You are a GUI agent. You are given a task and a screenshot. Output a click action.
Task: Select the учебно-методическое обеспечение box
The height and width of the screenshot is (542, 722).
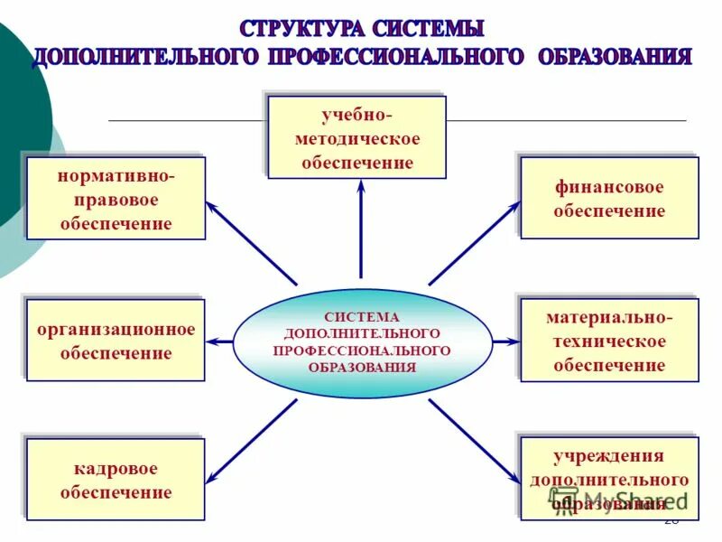pyautogui.click(x=356, y=137)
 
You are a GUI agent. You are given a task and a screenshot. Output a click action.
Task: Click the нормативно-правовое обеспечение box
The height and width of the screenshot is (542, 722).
pyautogui.click(x=116, y=199)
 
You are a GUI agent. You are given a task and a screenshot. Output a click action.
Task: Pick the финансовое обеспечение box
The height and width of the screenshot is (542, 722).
pyautogui.click(x=609, y=199)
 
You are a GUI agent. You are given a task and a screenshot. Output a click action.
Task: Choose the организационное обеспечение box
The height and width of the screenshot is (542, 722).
pyautogui.click(x=116, y=341)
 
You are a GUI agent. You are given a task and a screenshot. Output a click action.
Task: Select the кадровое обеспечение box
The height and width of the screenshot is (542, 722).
pyautogui.click(x=116, y=480)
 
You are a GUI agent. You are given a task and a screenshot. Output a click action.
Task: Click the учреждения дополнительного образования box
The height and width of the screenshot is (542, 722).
pyautogui.click(x=609, y=479)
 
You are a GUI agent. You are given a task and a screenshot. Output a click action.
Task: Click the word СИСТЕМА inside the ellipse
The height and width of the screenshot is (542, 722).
pyautogui.click(x=362, y=318)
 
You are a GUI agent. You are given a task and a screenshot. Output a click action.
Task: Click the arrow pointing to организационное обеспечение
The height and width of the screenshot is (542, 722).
pyautogui.click(x=221, y=341)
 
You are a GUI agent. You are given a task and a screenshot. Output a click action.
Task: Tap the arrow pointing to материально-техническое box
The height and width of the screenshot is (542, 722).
pyautogui.click(x=506, y=341)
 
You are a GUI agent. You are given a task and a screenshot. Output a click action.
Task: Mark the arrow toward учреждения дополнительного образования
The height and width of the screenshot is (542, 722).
pyautogui.click(x=474, y=443)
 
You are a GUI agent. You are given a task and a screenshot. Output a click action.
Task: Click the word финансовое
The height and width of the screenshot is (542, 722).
pyautogui.click(x=609, y=188)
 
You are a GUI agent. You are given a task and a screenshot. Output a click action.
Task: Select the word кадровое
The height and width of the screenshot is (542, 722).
pyautogui.click(x=116, y=469)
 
